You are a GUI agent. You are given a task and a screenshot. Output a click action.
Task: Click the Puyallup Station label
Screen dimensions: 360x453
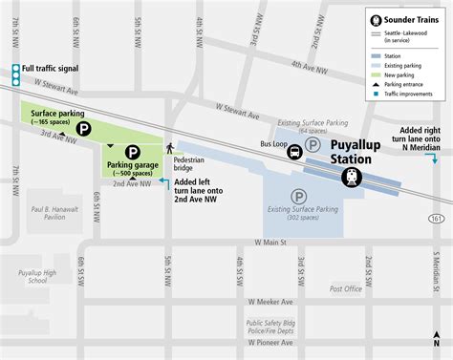[357, 153]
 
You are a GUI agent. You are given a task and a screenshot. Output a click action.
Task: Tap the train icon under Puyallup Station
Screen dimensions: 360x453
[353, 177]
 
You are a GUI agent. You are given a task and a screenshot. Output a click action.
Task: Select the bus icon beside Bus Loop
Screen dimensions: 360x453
[295, 150]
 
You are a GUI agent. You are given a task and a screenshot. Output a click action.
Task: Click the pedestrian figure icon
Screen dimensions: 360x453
[169, 148]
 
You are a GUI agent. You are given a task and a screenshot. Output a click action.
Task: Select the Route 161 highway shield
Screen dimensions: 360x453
[436, 219]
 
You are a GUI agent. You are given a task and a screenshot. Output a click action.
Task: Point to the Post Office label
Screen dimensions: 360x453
[345, 287]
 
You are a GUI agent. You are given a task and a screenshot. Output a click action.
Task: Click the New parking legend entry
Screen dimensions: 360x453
[402, 73]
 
